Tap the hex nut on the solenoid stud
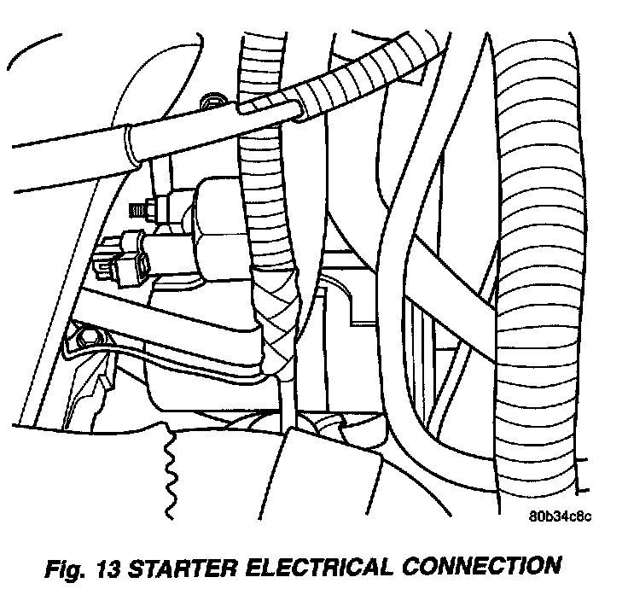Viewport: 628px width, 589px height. [154, 207]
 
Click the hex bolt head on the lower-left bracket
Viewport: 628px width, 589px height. [83, 340]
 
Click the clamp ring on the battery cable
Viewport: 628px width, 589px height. [131, 145]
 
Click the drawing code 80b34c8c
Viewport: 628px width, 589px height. [559, 516]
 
